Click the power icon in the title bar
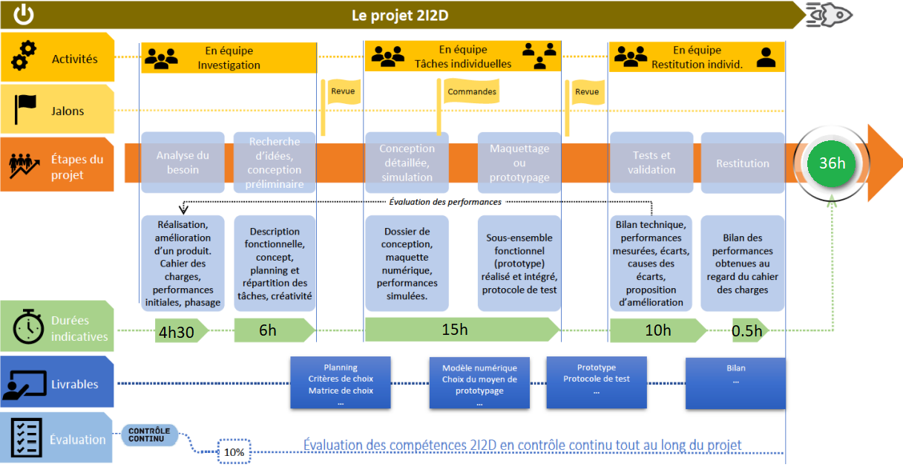point(24,15)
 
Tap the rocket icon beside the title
point(829,15)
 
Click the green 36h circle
point(831,163)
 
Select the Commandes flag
point(471,91)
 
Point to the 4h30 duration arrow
point(181,331)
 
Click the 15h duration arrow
point(462,330)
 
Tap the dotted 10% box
point(234,451)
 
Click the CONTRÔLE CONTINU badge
point(149,434)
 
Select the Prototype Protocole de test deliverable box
point(597,382)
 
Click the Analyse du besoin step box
point(183,162)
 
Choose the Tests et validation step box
point(651,162)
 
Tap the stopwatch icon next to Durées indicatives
point(28,327)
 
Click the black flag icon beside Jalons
point(25,108)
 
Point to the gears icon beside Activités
point(24,55)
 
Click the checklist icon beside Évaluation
point(26,437)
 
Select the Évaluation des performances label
point(445,202)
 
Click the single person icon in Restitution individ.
point(766,57)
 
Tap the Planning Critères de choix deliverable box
point(341,382)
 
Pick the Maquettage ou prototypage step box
point(519,162)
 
